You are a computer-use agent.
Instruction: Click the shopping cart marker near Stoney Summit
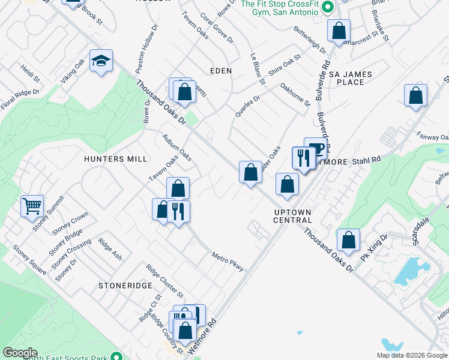coord(32,206)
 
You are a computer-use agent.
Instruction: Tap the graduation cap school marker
coord(101,61)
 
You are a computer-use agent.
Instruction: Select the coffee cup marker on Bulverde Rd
coord(315,148)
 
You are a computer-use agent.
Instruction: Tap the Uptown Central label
coord(292,216)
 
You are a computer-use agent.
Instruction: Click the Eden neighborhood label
coord(220,71)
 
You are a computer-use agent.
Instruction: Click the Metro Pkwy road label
coord(228,262)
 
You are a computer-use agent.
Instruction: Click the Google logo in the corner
coord(20,353)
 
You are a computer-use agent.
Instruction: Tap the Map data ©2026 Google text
coord(411,355)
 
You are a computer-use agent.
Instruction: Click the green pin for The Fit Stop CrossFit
coord(327,8)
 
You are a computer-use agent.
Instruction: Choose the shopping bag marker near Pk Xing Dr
coord(348,240)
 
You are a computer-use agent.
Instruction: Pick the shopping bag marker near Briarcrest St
coord(339,31)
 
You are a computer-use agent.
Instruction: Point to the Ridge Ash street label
coord(110,250)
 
